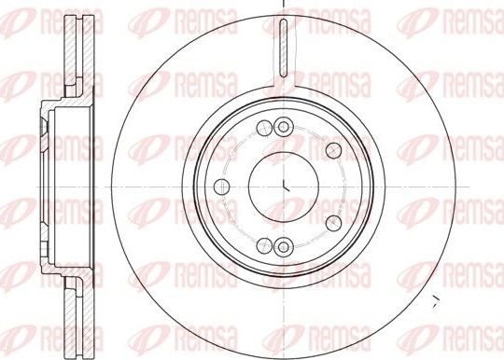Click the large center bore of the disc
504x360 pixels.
tap(282, 181)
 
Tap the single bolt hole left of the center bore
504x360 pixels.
tap(220, 188)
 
